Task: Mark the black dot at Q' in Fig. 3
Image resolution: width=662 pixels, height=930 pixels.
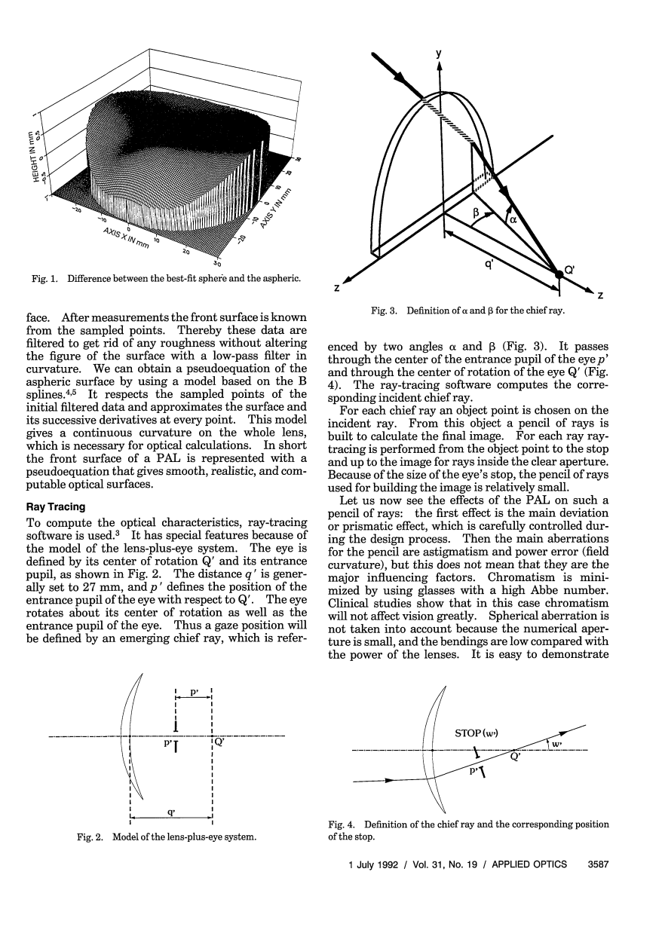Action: click(x=559, y=276)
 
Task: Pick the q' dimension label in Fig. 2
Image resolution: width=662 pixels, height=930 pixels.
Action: click(x=173, y=812)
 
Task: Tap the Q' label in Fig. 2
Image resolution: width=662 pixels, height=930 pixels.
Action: click(x=219, y=742)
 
